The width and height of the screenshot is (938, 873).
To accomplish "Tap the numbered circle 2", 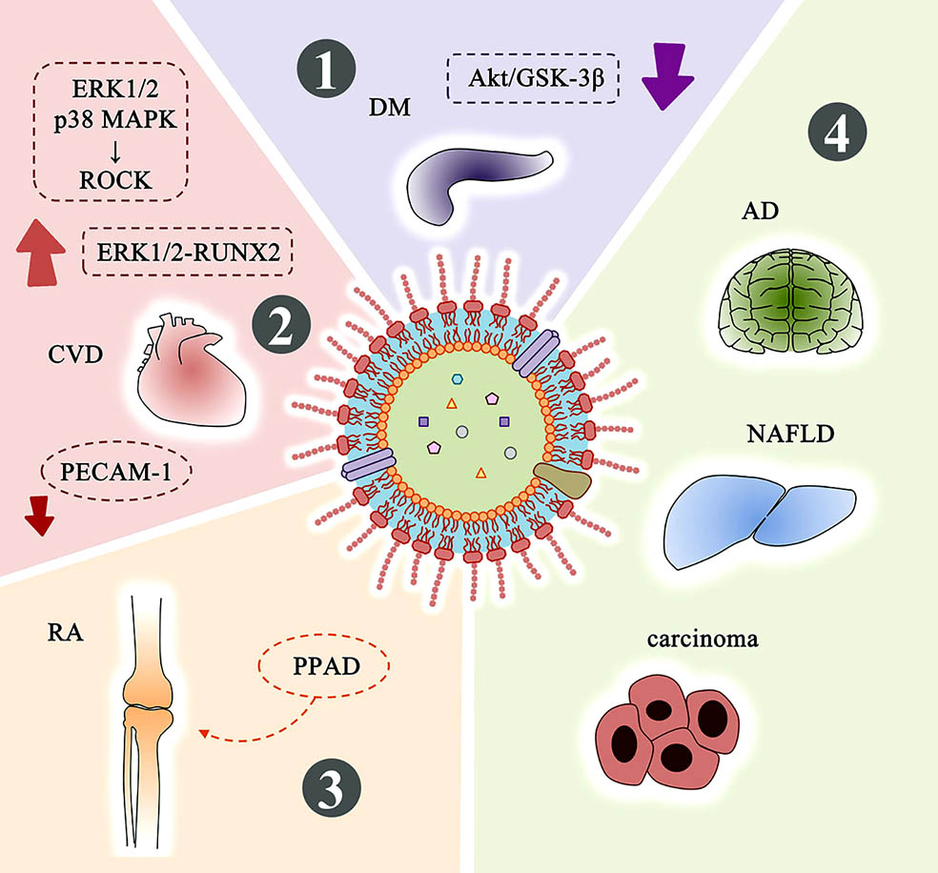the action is click(x=281, y=326).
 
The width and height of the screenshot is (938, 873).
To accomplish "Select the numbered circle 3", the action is click(x=332, y=787).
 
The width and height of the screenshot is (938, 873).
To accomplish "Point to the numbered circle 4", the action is click(x=837, y=132).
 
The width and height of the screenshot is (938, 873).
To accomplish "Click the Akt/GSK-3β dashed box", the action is click(x=533, y=78).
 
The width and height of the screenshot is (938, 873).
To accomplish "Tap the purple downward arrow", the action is click(x=666, y=76).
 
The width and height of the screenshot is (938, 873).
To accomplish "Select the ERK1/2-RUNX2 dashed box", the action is click(x=188, y=252).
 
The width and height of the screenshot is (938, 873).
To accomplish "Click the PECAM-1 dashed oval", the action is click(x=116, y=472).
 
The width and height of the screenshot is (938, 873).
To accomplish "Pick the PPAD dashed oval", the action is click(x=324, y=665).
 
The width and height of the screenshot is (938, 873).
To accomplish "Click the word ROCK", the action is click(x=115, y=180).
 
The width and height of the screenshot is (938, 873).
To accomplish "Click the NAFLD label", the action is click(x=790, y=434).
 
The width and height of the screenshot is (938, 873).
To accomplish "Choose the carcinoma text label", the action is click(x=703, y=639).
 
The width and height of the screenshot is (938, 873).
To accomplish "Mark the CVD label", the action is click(x=75, y=355).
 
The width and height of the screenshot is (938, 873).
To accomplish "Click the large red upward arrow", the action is click(x=41, y=253).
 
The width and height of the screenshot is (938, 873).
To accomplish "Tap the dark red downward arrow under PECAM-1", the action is click(x=39, y=516).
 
